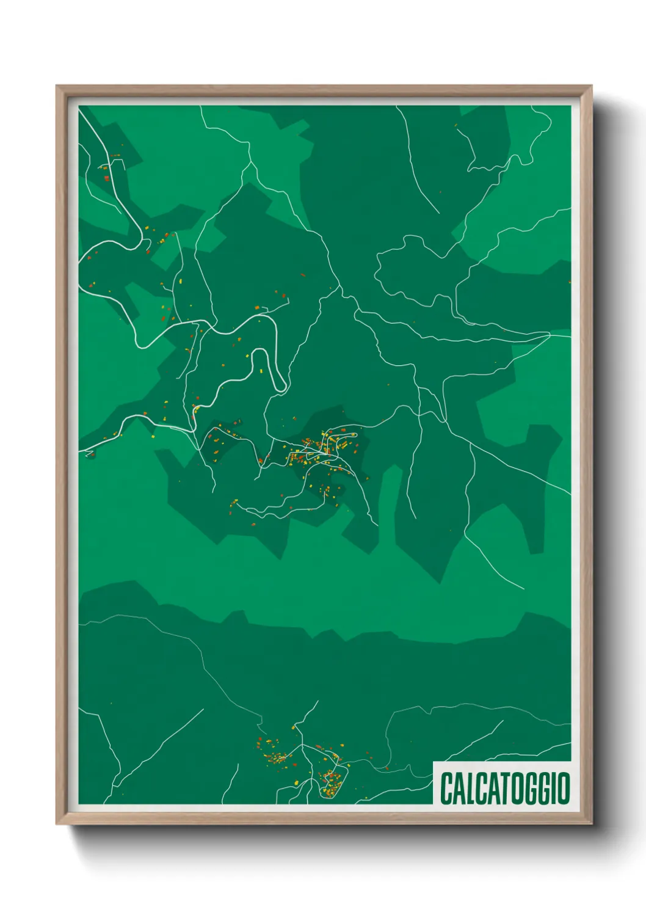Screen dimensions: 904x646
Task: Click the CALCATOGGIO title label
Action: (504, 789)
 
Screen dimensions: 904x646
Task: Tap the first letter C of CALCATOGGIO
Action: (446, 789)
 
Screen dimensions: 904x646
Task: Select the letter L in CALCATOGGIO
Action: (471, 789)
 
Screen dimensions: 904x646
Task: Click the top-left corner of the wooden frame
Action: (57, 87)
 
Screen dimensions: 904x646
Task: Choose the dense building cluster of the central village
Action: (318, 452)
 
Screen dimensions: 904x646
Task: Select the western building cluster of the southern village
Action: (275, 754)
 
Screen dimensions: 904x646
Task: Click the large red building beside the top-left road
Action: (106, 178)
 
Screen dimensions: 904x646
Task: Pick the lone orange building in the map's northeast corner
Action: (455, 125)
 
